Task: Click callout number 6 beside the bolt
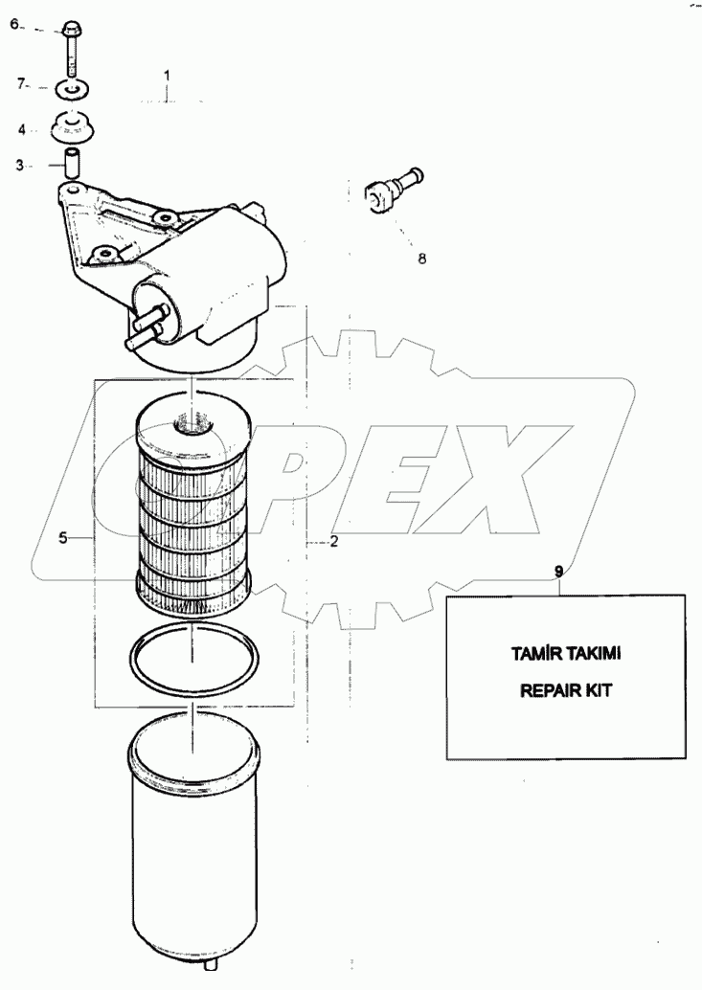point(15,25)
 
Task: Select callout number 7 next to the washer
point(21,82)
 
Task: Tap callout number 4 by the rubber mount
point(21,130)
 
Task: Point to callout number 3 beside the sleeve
point(19,166)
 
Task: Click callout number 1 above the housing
point(168,76)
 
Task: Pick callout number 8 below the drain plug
point(421,259)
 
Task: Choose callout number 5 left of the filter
point(63,538)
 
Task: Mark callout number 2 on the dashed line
point(334,542)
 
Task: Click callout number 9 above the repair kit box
point(558,571)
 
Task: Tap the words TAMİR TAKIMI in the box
point(566,654)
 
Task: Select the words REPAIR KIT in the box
point(566,690)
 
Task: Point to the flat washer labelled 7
point(71,90)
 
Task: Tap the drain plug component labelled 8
point(394,188)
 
